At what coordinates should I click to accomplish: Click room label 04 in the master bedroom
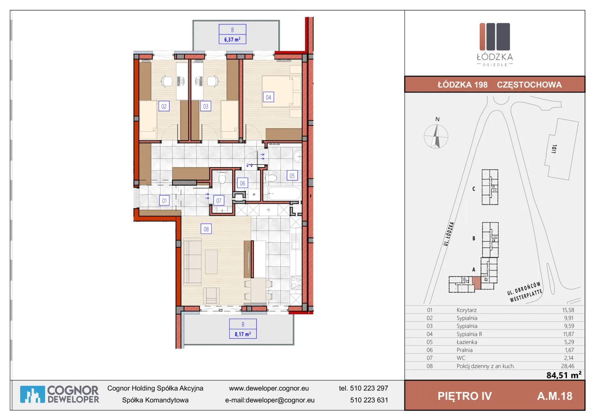268,97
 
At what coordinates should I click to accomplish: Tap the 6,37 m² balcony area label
232,40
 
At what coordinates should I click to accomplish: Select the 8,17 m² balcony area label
243,334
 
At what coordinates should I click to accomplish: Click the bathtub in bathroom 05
284,193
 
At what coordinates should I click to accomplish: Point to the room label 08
206,229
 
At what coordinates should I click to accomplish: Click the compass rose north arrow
436,136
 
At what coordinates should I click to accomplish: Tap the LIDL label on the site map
554,149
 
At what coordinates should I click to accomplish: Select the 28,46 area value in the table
568,366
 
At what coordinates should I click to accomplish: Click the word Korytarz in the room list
466,310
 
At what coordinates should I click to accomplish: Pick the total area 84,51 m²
564,375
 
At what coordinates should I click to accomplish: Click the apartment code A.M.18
555,396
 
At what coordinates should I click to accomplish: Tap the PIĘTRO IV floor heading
465,396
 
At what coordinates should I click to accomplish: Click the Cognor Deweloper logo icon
32,394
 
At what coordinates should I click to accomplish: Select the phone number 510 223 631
369,400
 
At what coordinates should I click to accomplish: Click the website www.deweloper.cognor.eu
269,388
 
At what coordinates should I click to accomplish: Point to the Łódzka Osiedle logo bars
495,37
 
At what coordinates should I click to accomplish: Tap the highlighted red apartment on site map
477,283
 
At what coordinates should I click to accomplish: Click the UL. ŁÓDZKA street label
449,234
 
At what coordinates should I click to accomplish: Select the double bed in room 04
281,91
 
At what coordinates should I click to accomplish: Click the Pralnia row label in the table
465,350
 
